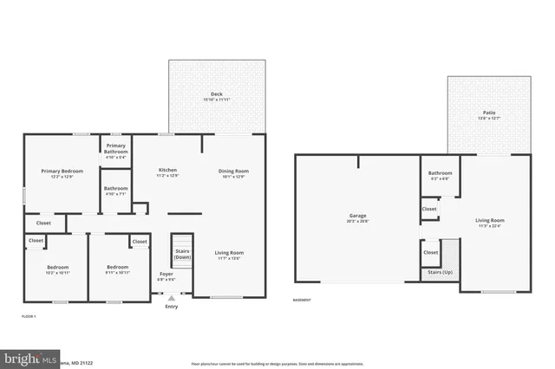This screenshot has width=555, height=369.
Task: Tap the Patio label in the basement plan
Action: pos(489,113)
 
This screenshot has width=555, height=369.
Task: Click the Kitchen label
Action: pos(167,169)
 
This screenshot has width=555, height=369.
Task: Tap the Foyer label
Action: pos(166,275)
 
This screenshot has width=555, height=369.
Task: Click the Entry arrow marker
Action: pos(171,297)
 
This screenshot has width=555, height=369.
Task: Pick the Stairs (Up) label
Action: pos(441,272)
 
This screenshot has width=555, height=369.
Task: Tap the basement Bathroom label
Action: pos(441,172)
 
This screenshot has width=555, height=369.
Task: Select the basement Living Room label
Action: pos(490,220)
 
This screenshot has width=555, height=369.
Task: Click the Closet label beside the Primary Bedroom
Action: pos(43,223)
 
